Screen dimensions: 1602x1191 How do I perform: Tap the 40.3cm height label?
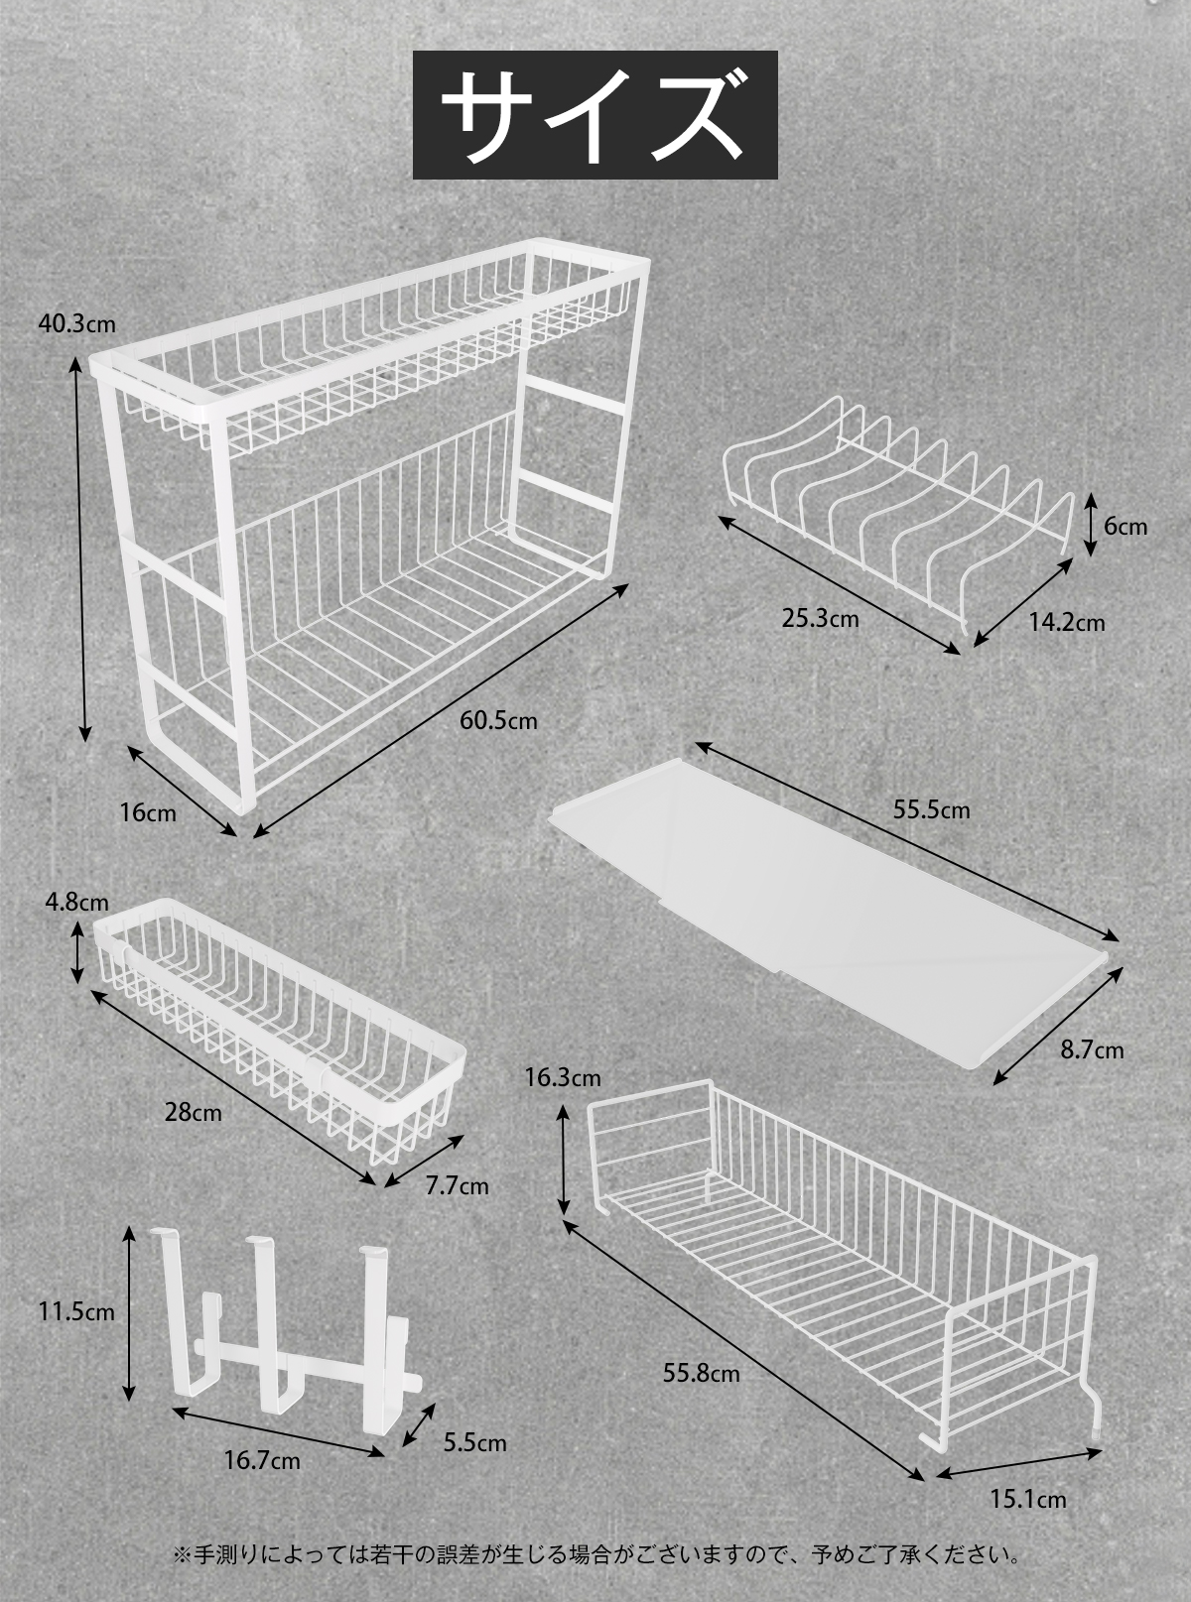tap(76, 323)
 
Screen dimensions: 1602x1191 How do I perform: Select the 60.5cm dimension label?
tap(498, 721)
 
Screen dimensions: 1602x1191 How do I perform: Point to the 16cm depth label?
tap(148, 812)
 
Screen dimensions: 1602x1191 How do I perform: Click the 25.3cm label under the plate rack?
tap(820, 619)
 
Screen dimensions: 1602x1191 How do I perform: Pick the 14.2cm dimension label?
tap(1066, 622)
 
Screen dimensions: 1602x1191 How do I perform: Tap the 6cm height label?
tap(1125, 526)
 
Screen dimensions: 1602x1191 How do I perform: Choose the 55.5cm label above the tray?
tap(931, 809)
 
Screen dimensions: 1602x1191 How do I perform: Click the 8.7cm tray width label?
tap(1092, 1049)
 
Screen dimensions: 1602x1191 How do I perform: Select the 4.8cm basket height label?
tap(76, 903)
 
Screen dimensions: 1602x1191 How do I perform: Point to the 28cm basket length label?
tap(194, 1112)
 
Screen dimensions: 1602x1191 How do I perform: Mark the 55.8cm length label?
tap(701, 1375)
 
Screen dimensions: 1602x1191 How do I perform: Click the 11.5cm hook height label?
tap(76, 1312)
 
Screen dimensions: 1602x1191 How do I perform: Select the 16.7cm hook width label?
tap(262, 1460)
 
